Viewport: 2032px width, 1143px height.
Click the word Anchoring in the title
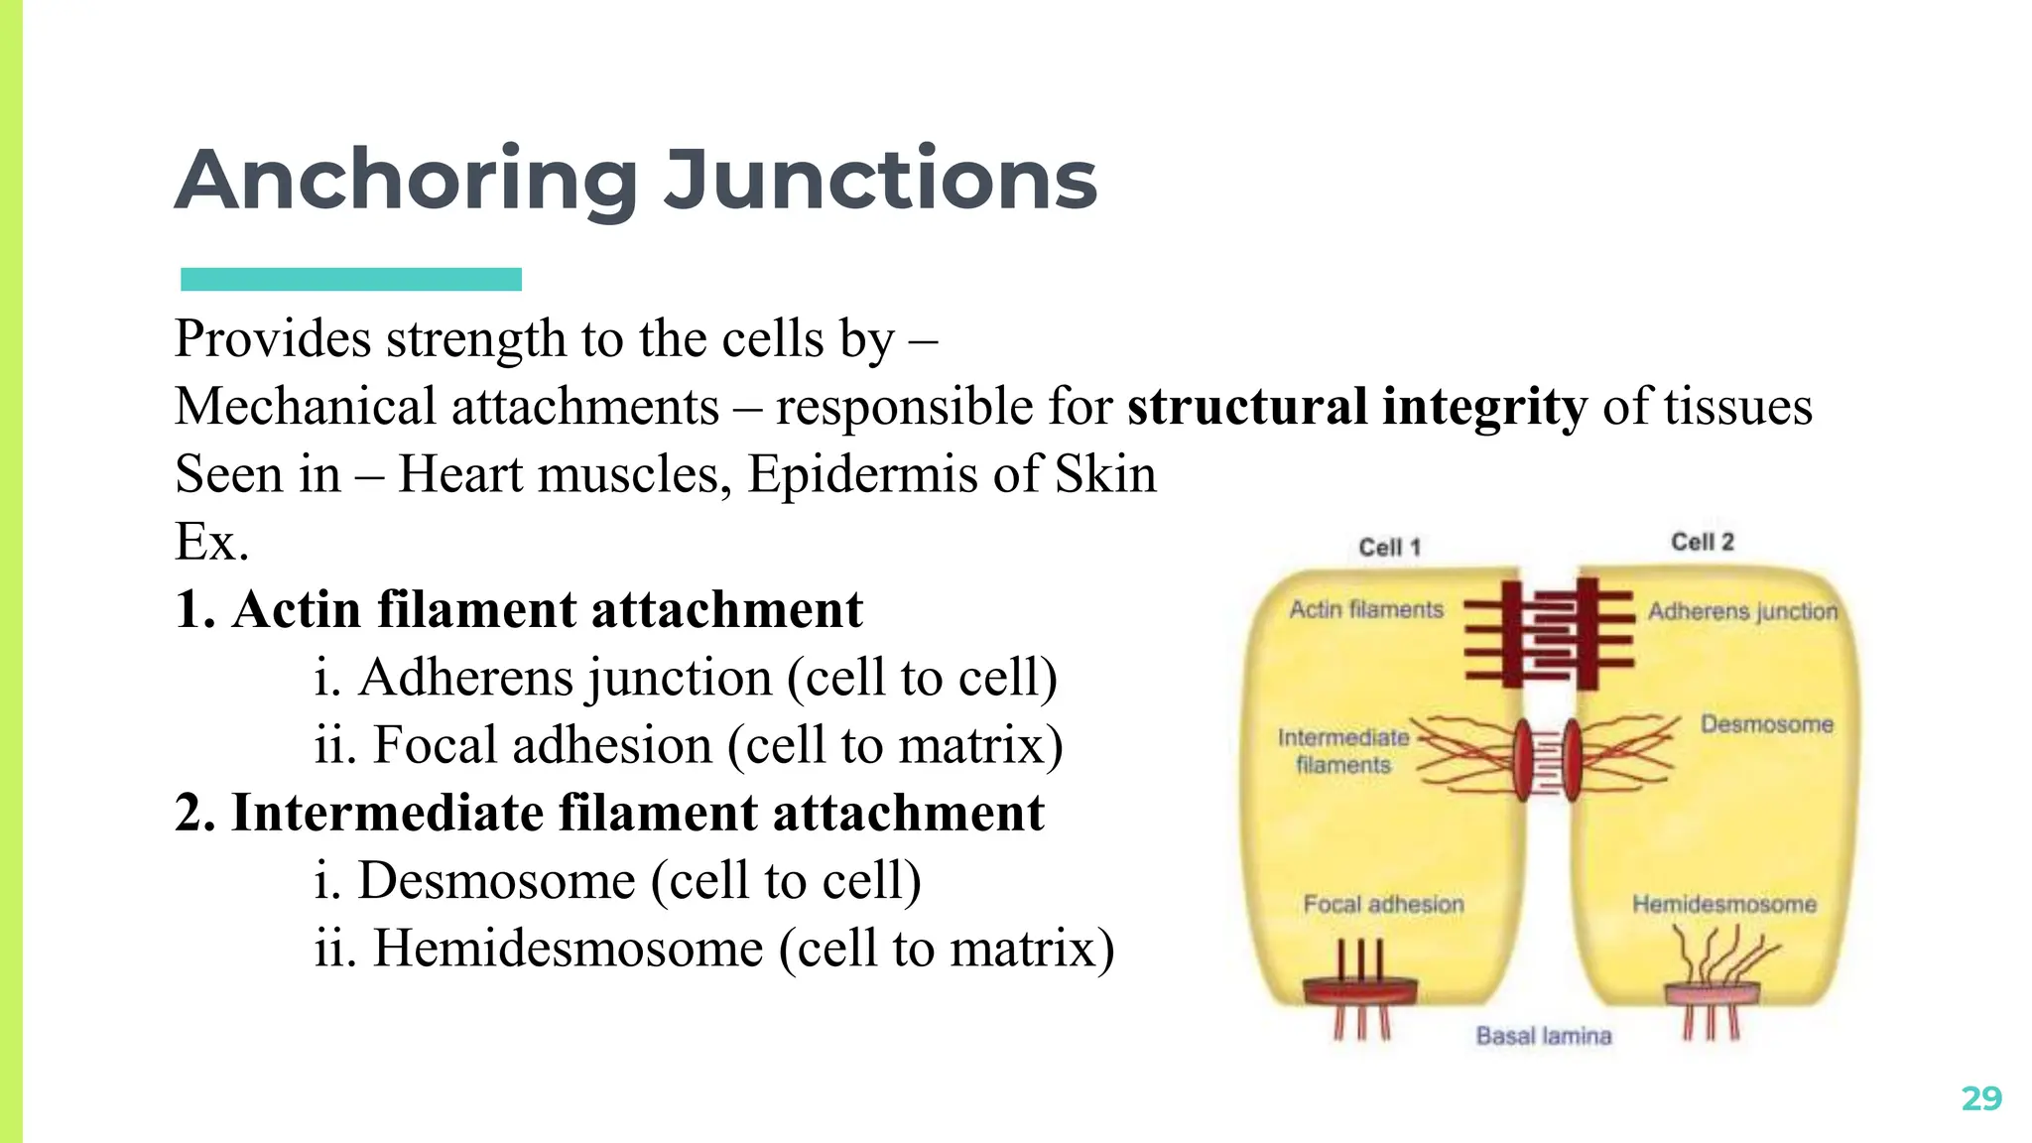coord(406,182)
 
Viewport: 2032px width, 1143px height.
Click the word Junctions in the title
coord(880,182)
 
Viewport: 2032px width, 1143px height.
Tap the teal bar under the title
coord(350,279)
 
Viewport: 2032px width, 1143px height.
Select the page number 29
coord(1981,1098)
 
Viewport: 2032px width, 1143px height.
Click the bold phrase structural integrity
coord(1356,408)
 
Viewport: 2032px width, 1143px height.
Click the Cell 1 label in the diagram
coord(1389,547)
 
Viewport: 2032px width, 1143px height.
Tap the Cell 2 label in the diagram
coord(1702,542)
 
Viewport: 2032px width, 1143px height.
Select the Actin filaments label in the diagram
coord(1366,609)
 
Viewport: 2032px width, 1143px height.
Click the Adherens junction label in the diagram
coord(1742,611)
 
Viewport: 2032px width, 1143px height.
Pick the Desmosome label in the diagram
coord(1766,723)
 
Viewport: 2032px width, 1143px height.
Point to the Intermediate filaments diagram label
coord(1343,751)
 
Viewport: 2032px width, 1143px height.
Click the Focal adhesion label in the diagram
coord(1383,904)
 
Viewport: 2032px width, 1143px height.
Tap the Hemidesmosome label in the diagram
coord(1724,904)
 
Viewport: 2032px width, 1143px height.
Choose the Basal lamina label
coord(1543,1036)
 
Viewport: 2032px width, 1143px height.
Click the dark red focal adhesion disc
coord(1359,989)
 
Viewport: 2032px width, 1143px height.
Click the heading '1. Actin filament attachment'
coord(518,609)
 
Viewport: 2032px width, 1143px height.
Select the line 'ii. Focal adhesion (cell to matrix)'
coord(688,745)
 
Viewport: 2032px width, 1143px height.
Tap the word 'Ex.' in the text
coord(211,542)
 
